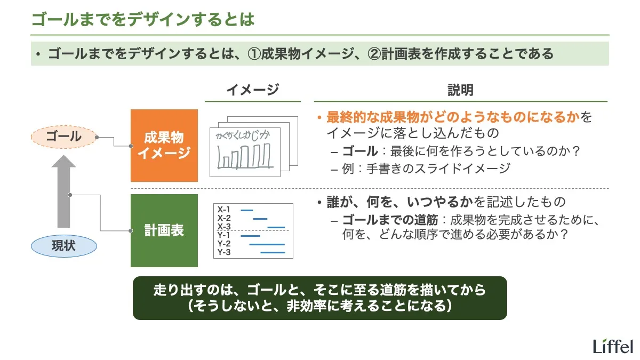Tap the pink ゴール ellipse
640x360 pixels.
(x=63, y=137)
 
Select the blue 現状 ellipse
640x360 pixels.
(x=63, y=246)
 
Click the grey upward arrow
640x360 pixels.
(x=63, y=192)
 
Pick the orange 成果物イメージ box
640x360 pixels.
(x=164, y=146)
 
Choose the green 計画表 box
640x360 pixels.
(x=164, y=230)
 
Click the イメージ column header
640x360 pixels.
(x=252, y=90)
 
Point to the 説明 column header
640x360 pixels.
(x=460, y=90)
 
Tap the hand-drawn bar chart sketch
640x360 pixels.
(x=245, y=151)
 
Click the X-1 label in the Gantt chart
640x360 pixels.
(x=224, y=210)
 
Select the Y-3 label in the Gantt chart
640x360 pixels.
(x=224, y=252)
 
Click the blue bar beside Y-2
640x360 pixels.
(x=267, y=244)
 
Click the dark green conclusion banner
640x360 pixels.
(x=319, y=298)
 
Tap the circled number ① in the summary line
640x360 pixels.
(x=254, y=54)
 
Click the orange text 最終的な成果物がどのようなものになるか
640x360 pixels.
(x=453, y=117)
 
